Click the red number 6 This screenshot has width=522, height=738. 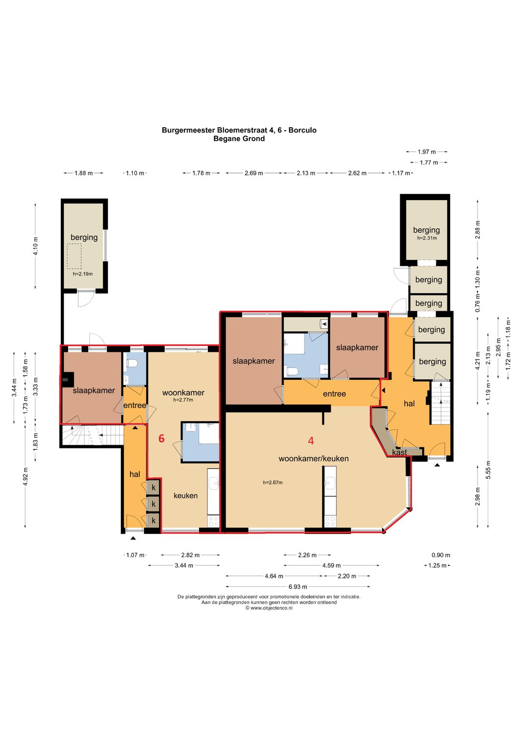pos(161,438)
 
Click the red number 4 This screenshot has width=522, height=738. pos(311,441)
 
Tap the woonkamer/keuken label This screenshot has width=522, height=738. pos(313,458)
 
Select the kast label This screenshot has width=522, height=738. pos(399,452)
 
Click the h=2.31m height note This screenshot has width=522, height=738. pos(427,238)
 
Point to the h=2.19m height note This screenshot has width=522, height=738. pos(83,274)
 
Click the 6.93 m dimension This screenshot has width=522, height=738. pos(298,586)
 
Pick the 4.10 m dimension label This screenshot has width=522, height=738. pos(36,246)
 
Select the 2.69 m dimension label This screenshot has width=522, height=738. pos(254,173)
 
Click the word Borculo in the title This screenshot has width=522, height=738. pos(303,130)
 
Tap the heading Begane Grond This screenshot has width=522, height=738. pos(239,139)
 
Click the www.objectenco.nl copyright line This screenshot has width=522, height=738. pos(269,608)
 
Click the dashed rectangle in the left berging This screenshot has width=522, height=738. pos(74,256)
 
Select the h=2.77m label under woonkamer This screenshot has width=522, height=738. pos(183,400)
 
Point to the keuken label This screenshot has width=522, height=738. pos(186,495)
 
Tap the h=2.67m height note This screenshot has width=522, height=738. pos(273,482)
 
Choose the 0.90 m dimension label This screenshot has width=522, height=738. pos(441,555)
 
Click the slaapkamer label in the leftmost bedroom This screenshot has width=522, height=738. pos(94,391)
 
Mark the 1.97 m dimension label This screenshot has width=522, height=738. pos(427,152)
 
